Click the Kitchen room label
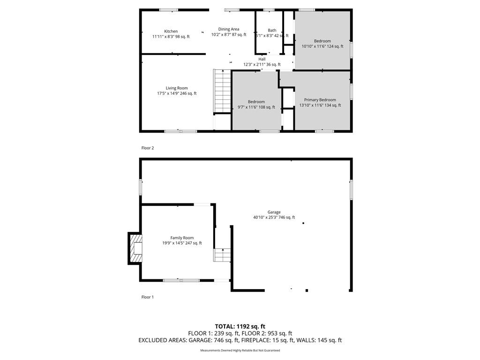point(171,31)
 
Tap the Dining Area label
point(229,30)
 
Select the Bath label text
point(272,30)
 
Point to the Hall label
point(262,59)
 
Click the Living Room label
point(177,88)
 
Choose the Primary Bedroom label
point(320,100)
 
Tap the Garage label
point(274,212)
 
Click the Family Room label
point(182,238)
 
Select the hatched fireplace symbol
point(136,248)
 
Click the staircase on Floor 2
point(222,91)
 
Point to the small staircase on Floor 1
point(222,255)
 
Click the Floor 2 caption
point(148,148)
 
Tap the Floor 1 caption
point(148,297)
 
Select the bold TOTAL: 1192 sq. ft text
point(240,326)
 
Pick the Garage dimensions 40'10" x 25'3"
point(265,217)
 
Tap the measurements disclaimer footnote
point(240,350)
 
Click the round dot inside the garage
point(303,223)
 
